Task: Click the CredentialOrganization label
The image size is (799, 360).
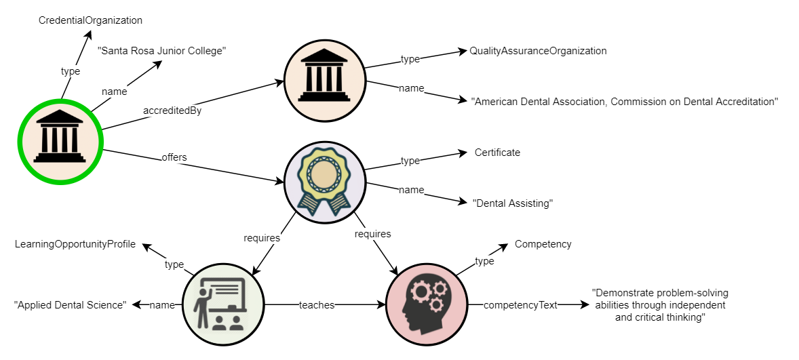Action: tap(90, 20)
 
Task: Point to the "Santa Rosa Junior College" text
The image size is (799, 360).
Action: tap(161, 51)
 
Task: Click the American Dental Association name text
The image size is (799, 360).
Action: tap(624, 102)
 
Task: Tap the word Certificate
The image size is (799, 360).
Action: tap(497, 153)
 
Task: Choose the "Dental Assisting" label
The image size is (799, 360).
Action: tap(513, 203)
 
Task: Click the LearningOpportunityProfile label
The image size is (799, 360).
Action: tap(75, 244)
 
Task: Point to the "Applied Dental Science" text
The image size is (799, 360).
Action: tap(70, 305)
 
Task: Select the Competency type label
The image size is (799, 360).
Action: tap(543, 244)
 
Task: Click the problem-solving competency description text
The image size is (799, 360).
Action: tap(660, 305)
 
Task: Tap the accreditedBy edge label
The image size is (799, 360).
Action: tap(172, 111)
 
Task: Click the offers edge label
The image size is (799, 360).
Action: tap(174, 157)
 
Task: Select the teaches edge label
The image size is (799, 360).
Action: tap(317, 305)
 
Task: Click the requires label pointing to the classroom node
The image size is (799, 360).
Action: tap(262, 238)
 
